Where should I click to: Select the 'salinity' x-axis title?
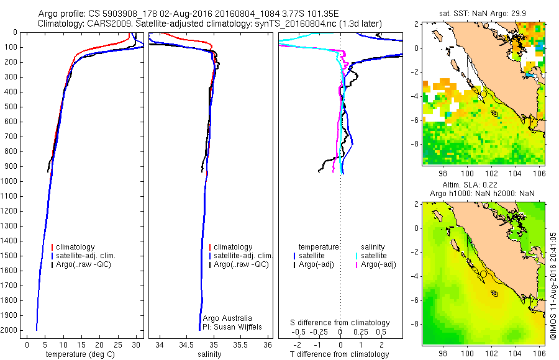(207, 354)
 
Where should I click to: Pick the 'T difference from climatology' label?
(340, 354)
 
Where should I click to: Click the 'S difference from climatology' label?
(340, 323)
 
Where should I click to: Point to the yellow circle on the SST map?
(483, 94)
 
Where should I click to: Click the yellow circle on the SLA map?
(483, 274)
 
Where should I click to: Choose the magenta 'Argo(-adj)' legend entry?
(379, 264)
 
